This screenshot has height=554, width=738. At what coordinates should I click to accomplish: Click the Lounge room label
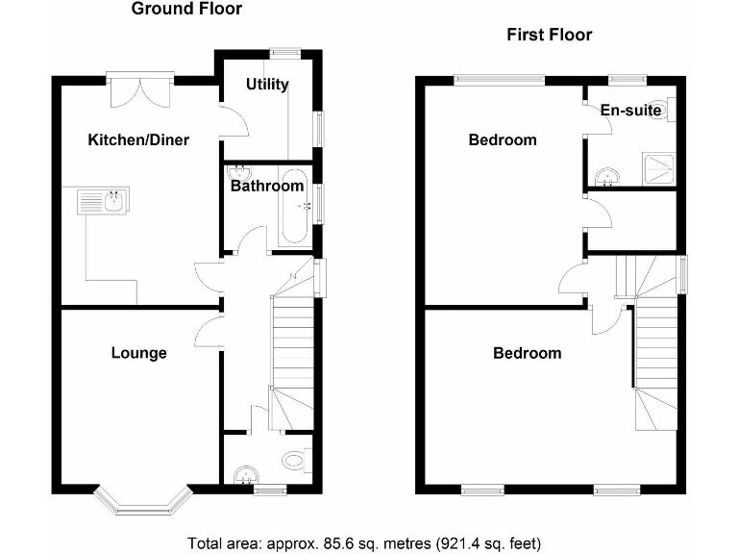pyautogui.click(x=138, y=353)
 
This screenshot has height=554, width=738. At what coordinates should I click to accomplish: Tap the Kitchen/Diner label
pyautogui.click(x=138, y=140)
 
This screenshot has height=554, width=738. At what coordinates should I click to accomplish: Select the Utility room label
pyautogui.click(x=267, y=85)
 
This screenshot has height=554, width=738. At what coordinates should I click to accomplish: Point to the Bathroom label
pyautogui.click(x=267, y=186)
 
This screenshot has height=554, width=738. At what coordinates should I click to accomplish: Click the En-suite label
pyautogui.click(x=631, y=111)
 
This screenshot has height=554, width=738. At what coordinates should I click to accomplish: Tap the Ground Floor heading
pyautogui.click(x=186, y=10)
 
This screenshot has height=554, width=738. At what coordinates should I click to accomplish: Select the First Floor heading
pyautogui.click(x=550, y=36)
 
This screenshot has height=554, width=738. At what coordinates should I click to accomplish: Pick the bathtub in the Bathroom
pyautogui.click(x=294, y=206)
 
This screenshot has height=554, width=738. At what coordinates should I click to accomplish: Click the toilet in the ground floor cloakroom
pyautogui.click(x=293, y=461)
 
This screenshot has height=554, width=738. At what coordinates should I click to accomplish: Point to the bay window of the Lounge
pyautogui.click(x=146, y=501)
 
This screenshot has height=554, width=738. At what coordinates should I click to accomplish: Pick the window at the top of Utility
pyautogui.click(x=284, y=54)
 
